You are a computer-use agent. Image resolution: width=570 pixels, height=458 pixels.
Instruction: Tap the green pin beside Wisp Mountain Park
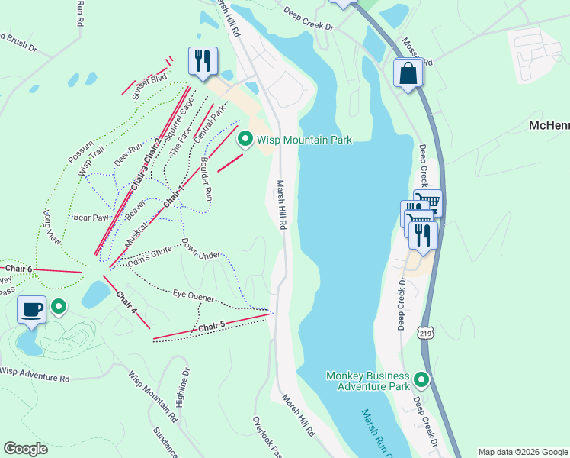[x=245, y=139]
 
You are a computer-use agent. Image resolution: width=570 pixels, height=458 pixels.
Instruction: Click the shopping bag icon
[x=408, y=74]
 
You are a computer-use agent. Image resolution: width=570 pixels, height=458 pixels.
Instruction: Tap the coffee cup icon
[x=31, y=310]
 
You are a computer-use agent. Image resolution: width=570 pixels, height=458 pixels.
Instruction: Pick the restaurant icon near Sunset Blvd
[x=203, y=61]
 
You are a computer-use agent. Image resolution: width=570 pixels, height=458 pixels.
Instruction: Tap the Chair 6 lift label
[x=19, y=269]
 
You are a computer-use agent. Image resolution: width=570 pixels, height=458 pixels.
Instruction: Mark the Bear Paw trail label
[x=91, y=218]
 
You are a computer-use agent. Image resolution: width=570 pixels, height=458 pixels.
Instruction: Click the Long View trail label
[x=52, y=227]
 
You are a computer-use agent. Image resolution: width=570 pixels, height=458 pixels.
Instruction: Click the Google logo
[x=25, y=449]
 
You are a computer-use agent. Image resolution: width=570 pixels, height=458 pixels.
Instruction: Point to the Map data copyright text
[x=523, y=452]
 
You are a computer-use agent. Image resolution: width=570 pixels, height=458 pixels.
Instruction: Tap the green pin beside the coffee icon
[x=59, y=308]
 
